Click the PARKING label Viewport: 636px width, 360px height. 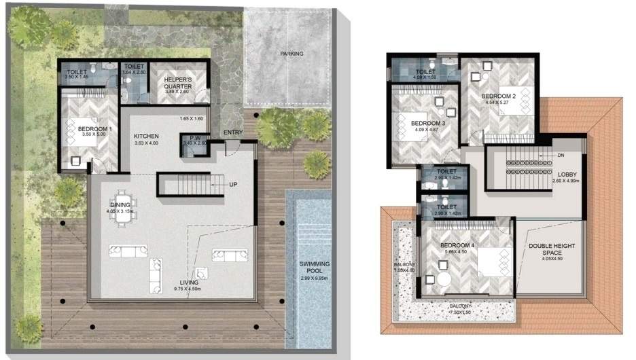pos(291,54)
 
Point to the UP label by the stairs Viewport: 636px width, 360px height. pos(233,183)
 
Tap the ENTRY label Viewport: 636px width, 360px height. pos(232,132)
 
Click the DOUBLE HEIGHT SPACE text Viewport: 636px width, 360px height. pos(551,249)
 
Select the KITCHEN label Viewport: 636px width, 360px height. pos(146,136)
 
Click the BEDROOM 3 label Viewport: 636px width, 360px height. pos(428,123)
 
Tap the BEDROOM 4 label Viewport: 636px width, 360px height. pos(455,245)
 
